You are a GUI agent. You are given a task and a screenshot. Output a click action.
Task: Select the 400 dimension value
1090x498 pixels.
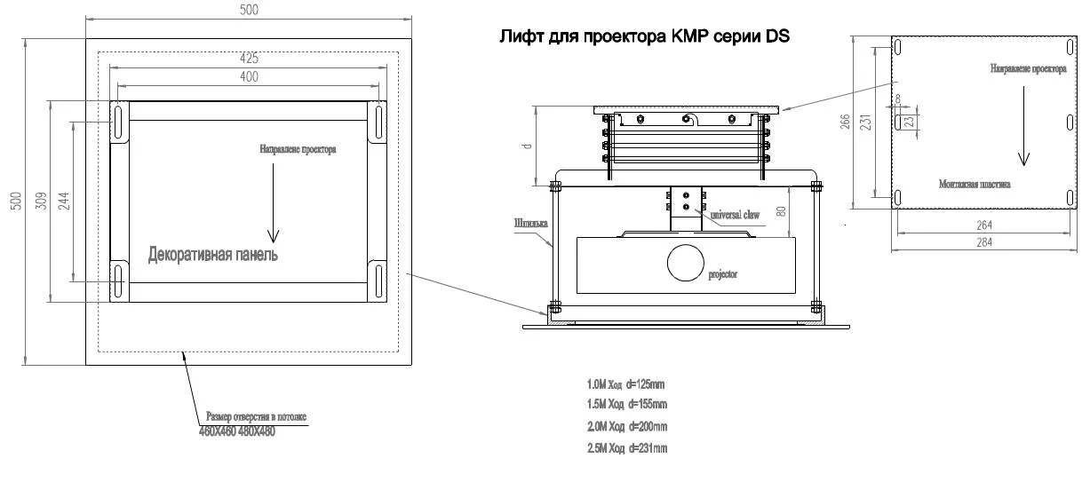click(x=249, y=77)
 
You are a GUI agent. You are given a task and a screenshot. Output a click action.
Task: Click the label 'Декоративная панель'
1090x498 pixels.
click(x=213, y=256)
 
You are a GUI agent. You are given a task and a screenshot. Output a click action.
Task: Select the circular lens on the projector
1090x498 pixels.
click(x=685, y=263)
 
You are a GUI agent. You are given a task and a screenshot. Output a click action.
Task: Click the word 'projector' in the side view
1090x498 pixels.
click(x=722, y=275)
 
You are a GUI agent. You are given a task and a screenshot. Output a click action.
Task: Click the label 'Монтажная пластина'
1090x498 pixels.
click(x=975, y=185)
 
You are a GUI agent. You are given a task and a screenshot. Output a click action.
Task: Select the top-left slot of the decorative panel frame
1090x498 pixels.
click(x=118, y=119)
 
